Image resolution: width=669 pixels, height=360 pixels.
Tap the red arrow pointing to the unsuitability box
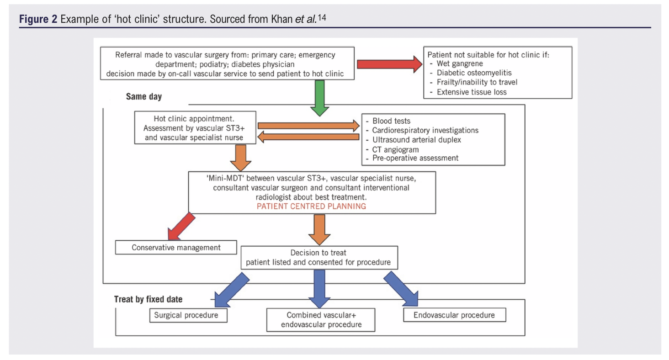(x=389, y=64)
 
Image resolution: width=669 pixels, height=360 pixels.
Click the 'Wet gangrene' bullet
(x=459, y=64)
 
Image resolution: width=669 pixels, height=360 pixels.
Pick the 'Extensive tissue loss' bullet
(x=472, y=92)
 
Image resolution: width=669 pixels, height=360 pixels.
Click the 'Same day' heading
(x=143, y=97)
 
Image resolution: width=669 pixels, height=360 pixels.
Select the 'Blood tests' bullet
(x=391, y=121)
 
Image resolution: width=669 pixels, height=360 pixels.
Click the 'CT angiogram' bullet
(x=395, y=149)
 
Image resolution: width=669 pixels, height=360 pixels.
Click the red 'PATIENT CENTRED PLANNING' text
(x=311, y=206)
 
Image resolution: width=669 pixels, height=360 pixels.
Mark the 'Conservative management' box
(x=176, y=248)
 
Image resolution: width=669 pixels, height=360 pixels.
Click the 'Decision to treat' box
(x=319, y=258)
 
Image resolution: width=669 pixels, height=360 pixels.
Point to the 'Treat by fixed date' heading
(x=148, y=299)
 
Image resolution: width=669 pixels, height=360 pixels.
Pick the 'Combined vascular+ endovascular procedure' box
(x=321, y=320)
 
